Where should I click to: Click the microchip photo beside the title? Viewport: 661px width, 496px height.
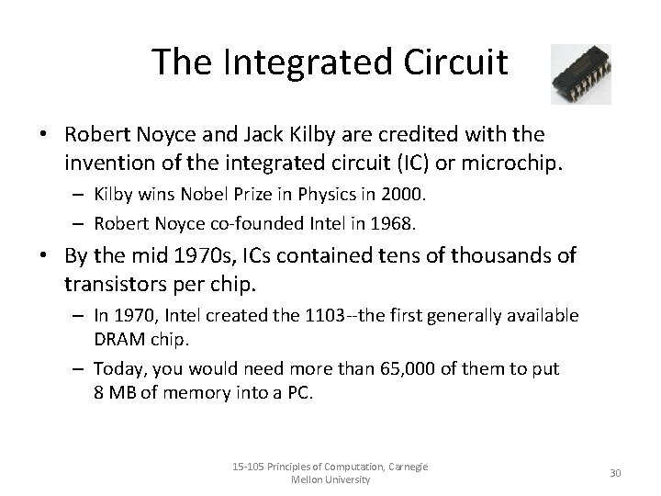(580, 73)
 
